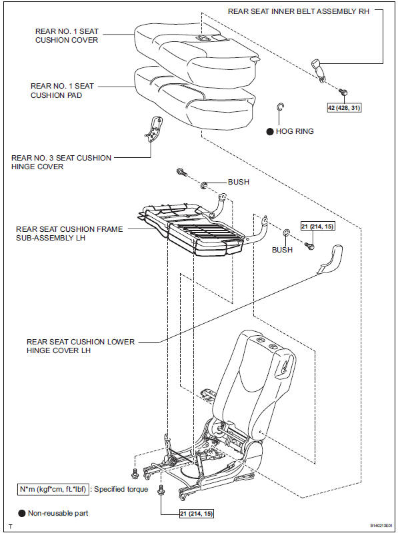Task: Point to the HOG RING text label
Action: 294,131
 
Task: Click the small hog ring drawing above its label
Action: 281,109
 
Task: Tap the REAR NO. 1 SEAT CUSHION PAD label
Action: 62,90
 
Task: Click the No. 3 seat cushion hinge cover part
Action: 154,128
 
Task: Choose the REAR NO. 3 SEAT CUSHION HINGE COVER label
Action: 61,163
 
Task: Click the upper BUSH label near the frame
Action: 239,181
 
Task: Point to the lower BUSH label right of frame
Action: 282,251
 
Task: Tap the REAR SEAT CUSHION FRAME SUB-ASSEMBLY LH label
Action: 69,233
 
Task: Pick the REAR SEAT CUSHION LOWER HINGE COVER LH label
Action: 80,346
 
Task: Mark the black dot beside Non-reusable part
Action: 22,513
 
